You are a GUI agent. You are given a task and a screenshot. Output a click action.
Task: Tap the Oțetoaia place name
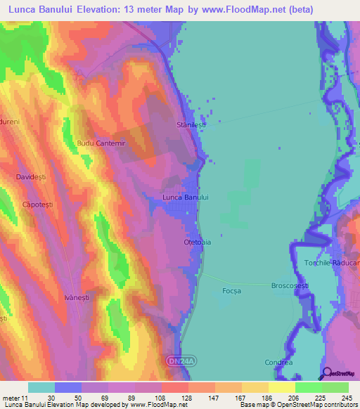point(198,242)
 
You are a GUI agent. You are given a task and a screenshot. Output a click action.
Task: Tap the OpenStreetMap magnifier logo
point(326,374)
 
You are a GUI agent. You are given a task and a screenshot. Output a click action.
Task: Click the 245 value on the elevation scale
point(346,397)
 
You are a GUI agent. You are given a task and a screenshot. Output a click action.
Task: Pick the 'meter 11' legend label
point(15,397)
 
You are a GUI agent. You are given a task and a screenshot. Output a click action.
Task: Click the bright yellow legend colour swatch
point(282,387)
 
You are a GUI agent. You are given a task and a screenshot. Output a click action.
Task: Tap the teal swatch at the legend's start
point(41,387)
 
